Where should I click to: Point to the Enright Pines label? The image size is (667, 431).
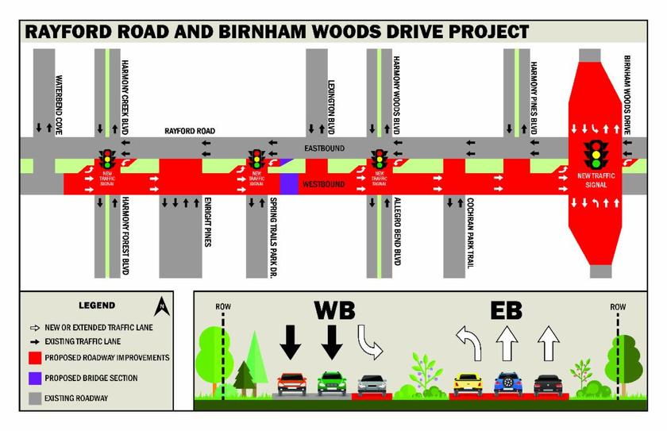(207, 221)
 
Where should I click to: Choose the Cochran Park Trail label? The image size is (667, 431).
(471, 233)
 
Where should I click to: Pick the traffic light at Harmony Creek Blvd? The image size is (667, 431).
(106, 158)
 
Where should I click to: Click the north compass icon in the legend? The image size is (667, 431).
(162, 305)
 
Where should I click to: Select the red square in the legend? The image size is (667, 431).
(33, 358)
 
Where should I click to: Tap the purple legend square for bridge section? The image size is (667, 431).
(33, 378)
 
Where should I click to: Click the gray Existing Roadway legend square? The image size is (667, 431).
(33, 398)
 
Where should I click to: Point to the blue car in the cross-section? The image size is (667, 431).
(507, 383)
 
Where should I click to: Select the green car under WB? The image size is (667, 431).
(331, 383)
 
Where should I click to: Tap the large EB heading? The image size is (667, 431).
(507, 310)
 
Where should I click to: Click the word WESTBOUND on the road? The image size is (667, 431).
(324, 184)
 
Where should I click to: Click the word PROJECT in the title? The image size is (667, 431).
(485, 32)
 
